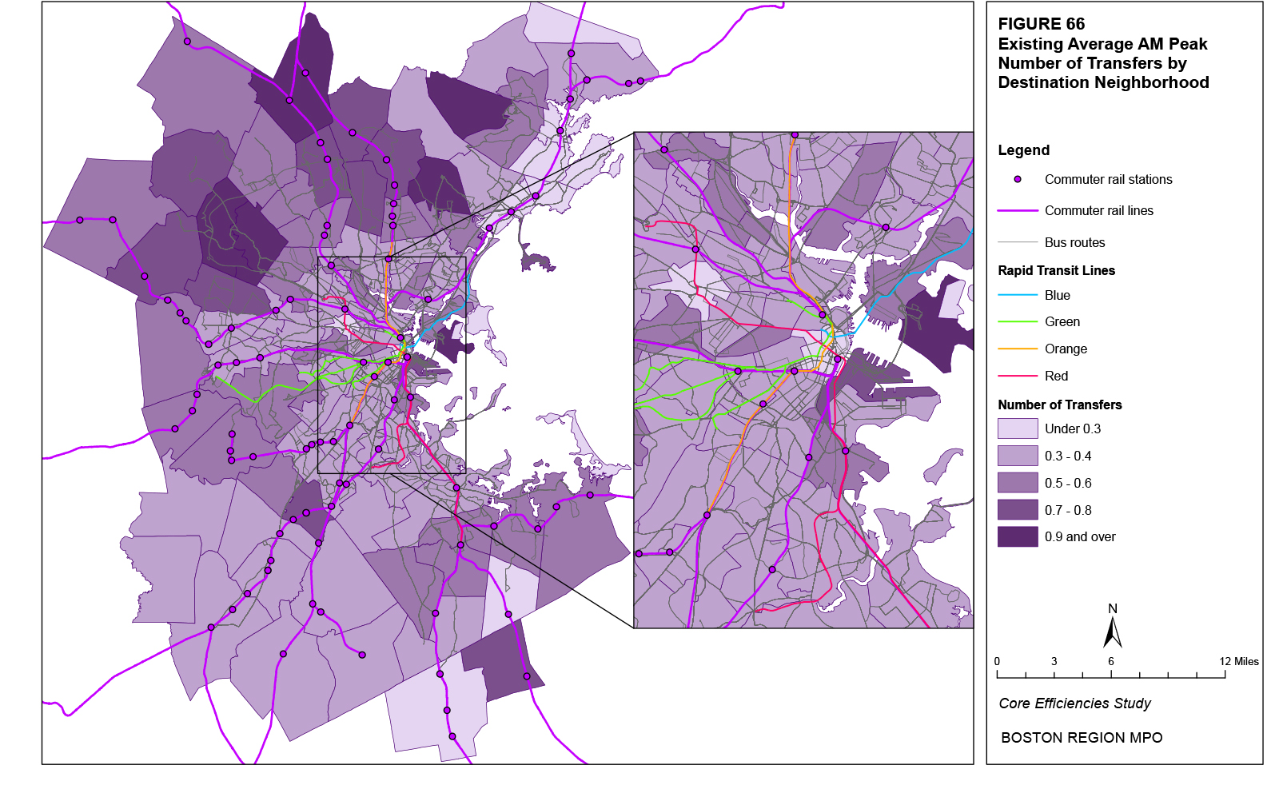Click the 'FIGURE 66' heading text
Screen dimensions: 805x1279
[x=1041, y=24]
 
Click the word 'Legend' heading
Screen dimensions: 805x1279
[x=1023, y=150]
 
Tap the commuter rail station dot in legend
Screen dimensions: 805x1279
[x=1018, y=180]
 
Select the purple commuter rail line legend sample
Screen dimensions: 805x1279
[x=1018, y=211]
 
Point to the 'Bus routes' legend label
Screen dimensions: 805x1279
[x=1074, y=242]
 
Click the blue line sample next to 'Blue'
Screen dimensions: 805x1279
[x=1018, y=295]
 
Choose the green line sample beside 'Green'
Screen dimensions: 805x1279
[x=1018, y=322]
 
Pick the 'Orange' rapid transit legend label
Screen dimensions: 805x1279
[x=1066, y=349]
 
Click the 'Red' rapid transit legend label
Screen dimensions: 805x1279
[x=1056, y=376]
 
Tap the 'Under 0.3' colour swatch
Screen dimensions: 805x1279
[x=1018, y=429]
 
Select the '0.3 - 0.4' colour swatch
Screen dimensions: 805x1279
[x=1018, y=456]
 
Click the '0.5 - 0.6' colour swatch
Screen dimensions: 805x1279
[x=1018, y=483]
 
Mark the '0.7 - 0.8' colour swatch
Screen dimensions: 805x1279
[x=1018, y=510]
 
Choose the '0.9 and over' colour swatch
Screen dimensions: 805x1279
[x=1018, y=536]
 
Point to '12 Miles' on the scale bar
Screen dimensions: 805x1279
[x=1238, y=661]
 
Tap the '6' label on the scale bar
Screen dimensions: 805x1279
[x=1111, y=661]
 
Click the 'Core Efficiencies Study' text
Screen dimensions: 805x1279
[x=1074, y=703]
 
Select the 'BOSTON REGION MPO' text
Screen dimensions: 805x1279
[x=1082, y=738]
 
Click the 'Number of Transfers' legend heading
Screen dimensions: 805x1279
[x=1059, y=404]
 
